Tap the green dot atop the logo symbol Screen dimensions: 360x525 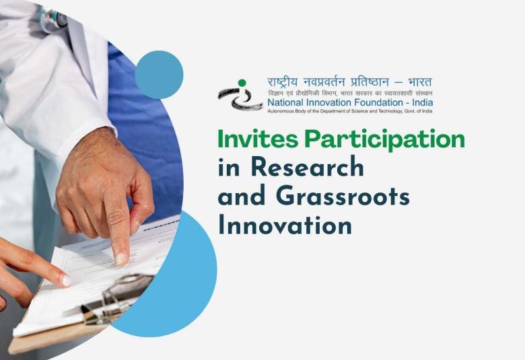tap(242, 83)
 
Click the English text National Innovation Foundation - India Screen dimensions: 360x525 tap(350, 102)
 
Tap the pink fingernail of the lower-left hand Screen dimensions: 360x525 tap(65, 280)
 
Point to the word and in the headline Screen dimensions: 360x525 tap(236, 196)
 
